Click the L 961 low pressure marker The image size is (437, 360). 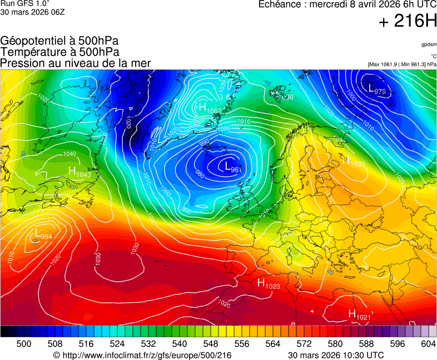tap(231, 166)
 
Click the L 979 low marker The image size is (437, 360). tap(376, 88)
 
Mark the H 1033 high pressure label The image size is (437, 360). tap(352, 162)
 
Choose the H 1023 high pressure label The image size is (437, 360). tap(268, 283)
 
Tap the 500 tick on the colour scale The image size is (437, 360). tap(23, 344)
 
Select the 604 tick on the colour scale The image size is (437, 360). tap(428, 344)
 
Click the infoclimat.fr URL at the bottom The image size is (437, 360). tap(142, 355)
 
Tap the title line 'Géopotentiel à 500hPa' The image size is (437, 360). tap(59, 41)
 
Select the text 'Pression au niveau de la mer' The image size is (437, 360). tap(76, 63)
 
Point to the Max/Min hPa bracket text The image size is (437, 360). tap(402, 64)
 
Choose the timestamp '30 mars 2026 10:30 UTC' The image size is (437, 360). tap(336, 355)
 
